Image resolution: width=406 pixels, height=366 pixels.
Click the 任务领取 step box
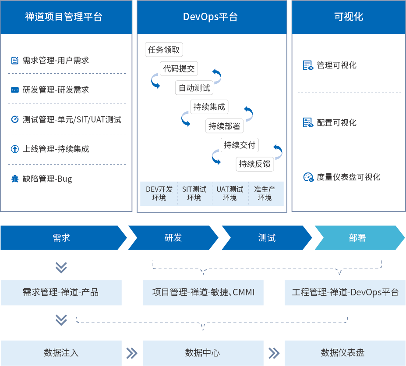click(x=164, y=50)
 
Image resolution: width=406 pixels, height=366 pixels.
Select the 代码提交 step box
click(x=179, y=69)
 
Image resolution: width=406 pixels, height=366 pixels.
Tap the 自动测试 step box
click(x=194, y=88)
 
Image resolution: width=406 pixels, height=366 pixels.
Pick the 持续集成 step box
click(x=209, y=107)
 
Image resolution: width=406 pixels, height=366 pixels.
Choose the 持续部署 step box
click(x=225, y=126)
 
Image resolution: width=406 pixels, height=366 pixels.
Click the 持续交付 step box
click(x=240, y=145)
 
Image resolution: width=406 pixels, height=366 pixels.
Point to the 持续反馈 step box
click(x=255, y=164)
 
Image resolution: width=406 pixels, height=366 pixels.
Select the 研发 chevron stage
click(x=173, y=237)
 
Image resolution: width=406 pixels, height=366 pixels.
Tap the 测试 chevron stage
click(x=267, y=237)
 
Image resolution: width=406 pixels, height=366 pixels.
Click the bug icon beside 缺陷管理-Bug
click(x=15, y=179)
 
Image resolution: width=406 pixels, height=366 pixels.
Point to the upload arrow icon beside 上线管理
click(x=15, y=149)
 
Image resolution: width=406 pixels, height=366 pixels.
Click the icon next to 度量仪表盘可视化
click(x=308, y=177)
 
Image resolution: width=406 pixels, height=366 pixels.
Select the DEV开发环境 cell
click(x=159, y=194)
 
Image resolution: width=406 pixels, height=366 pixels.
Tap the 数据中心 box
click(x=203, y=353)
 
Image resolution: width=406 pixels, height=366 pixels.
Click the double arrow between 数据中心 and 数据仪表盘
click(x=274, y=353)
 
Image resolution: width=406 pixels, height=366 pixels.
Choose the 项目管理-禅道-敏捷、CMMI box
click(x=203, y=292)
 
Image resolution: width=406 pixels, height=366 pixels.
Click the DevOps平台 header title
click(x=210, y=17)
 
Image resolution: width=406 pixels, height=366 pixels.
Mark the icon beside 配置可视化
click(x=308, y=123)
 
